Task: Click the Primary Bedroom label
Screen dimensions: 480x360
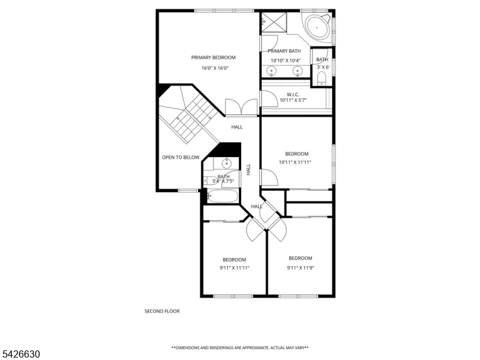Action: [x=214, y=58]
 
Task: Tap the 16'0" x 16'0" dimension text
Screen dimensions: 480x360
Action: [x=215, y=68]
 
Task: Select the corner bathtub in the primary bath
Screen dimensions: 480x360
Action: [x=317, y=28]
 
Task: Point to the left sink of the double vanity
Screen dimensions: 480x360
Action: [x=271, y=71]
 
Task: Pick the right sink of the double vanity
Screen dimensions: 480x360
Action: [x=297, y=71]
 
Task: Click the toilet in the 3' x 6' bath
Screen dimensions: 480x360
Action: [x=322, y=79]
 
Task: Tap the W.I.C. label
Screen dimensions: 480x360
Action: [x=293, y=95]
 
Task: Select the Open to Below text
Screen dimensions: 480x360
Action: [x=181, y=157]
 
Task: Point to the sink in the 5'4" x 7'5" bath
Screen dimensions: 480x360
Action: [x=227, y=163]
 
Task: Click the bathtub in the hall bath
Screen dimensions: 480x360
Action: [x=223, y=196]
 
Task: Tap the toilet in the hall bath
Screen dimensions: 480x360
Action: [x=208, y=181]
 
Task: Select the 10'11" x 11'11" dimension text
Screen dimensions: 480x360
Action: [x=295, y=163]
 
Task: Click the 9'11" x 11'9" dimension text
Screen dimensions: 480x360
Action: [x=301, y=268]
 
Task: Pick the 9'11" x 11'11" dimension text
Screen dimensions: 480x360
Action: [x=235, y=268]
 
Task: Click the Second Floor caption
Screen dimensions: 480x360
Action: [x=162, y=311]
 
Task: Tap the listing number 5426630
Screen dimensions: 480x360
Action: [x=20, y=354]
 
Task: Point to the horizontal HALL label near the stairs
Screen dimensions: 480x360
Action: [x=237, y=127]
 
